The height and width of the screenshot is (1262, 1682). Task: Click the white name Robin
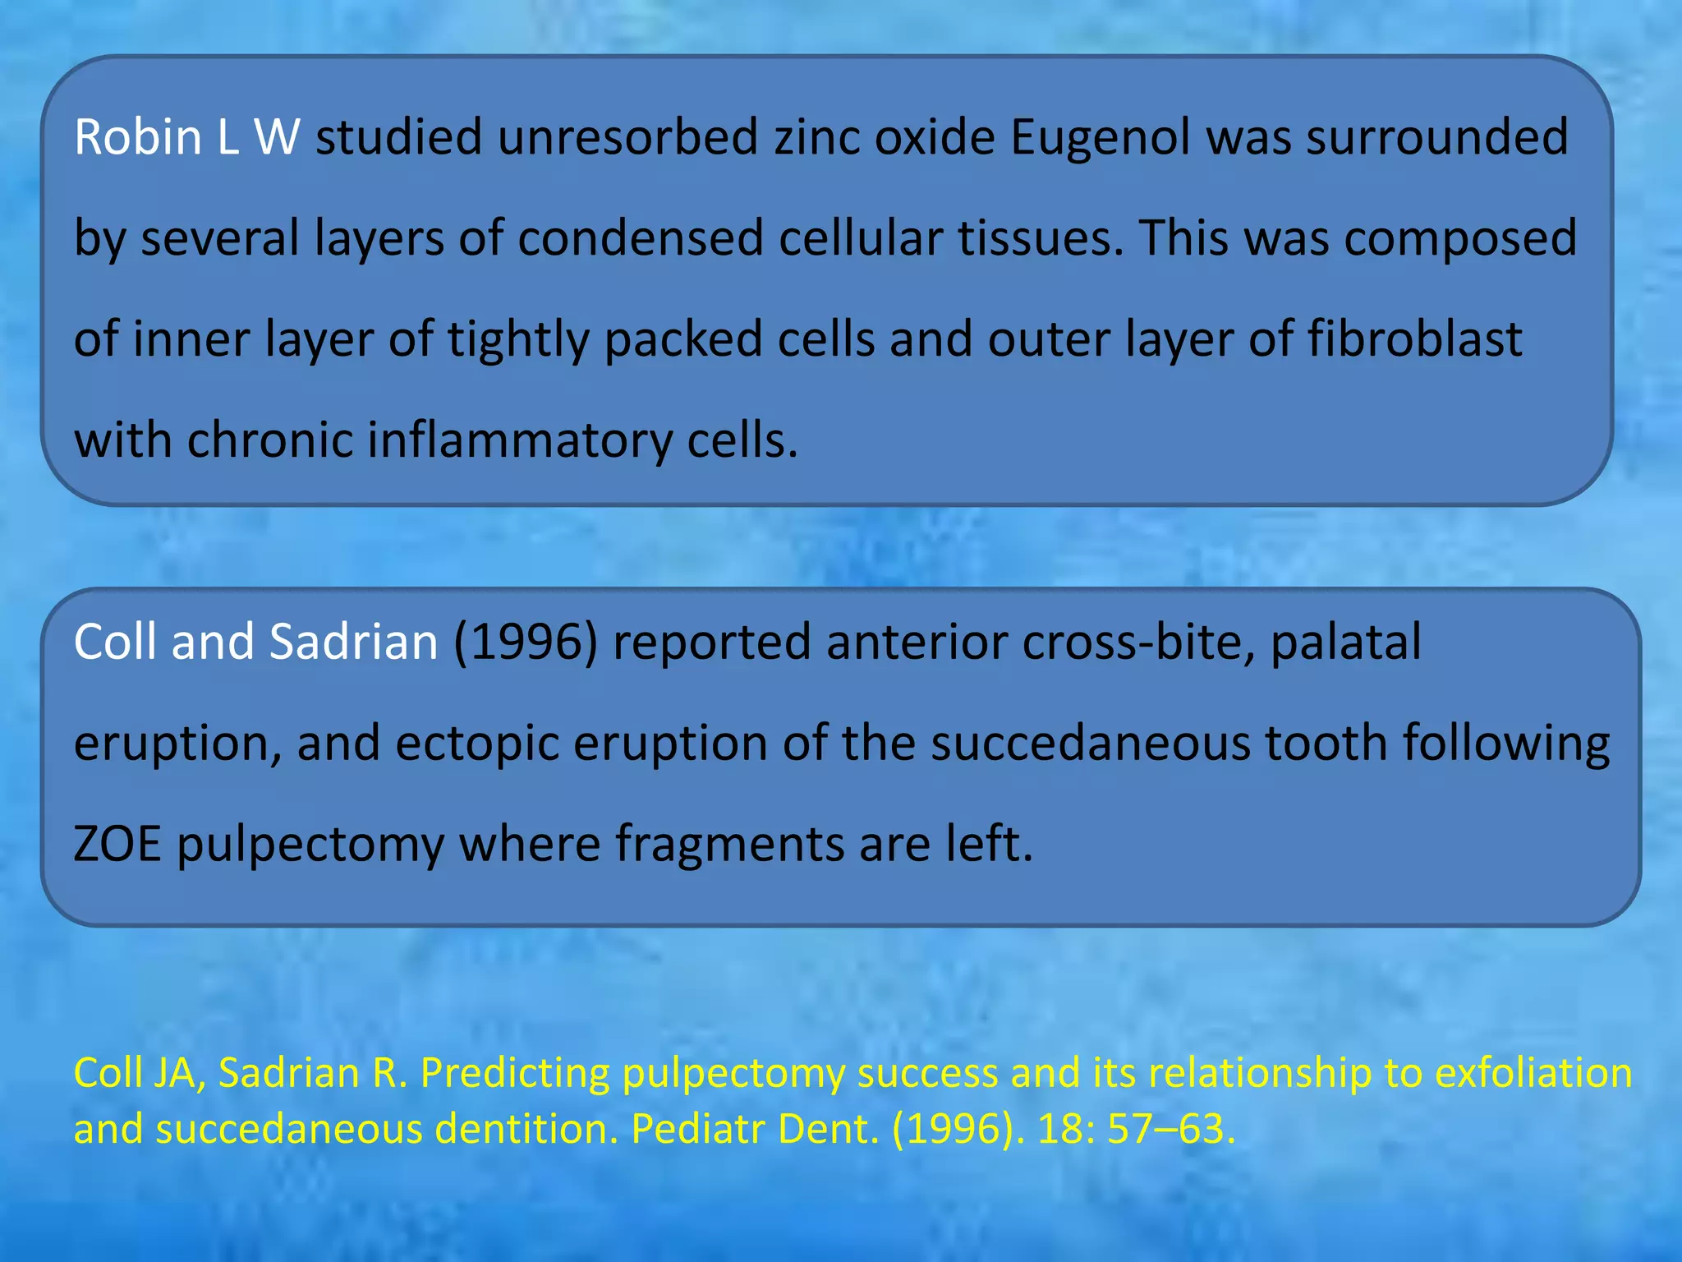click(x=138, y=136)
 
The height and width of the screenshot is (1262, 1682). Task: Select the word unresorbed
click(x=627, y=136)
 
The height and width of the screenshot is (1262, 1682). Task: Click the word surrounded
click(x=1437, y=136)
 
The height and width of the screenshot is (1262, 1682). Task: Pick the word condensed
click(x=641, y=238)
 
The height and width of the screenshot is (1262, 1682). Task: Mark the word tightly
click(x=518, y=340)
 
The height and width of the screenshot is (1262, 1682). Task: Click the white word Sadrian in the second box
click(x=354, y=642)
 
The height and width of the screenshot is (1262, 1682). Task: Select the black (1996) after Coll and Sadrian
click(x=526, y=642)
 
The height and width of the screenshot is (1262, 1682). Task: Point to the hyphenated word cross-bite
click(x=1137, y=642)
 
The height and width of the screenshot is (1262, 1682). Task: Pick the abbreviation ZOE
click(x=117, y=844)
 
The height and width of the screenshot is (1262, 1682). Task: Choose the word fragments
click(x=729, y=845)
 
